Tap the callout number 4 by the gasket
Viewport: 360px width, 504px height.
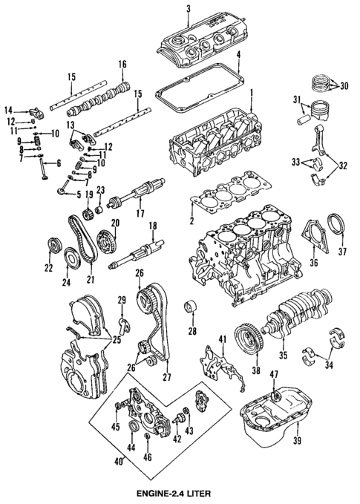point(238,55)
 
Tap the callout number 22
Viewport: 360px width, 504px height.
point(49,267)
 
